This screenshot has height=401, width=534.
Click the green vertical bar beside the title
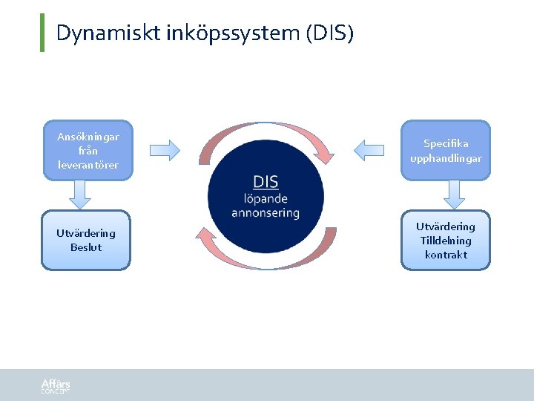click(42, 33)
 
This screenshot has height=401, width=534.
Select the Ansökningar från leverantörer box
click(88, 150)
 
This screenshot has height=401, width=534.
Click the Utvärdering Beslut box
click(85, 239)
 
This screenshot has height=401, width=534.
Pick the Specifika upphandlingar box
click(446, 150)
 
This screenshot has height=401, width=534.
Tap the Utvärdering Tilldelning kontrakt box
click(446, 239)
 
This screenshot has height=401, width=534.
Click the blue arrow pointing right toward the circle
click(165, 150)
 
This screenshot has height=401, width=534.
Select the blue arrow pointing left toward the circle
click(369, 150)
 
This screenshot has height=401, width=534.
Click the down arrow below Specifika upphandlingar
click(452, 194)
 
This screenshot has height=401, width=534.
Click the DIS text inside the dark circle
click(266, 183)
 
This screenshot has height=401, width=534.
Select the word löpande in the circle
click(266, 198)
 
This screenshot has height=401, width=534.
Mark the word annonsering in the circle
click(266, 213)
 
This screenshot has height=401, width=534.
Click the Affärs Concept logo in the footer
click(56, 385)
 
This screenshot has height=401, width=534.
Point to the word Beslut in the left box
click(86, 247)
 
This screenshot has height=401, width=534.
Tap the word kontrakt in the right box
click(446, 255)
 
